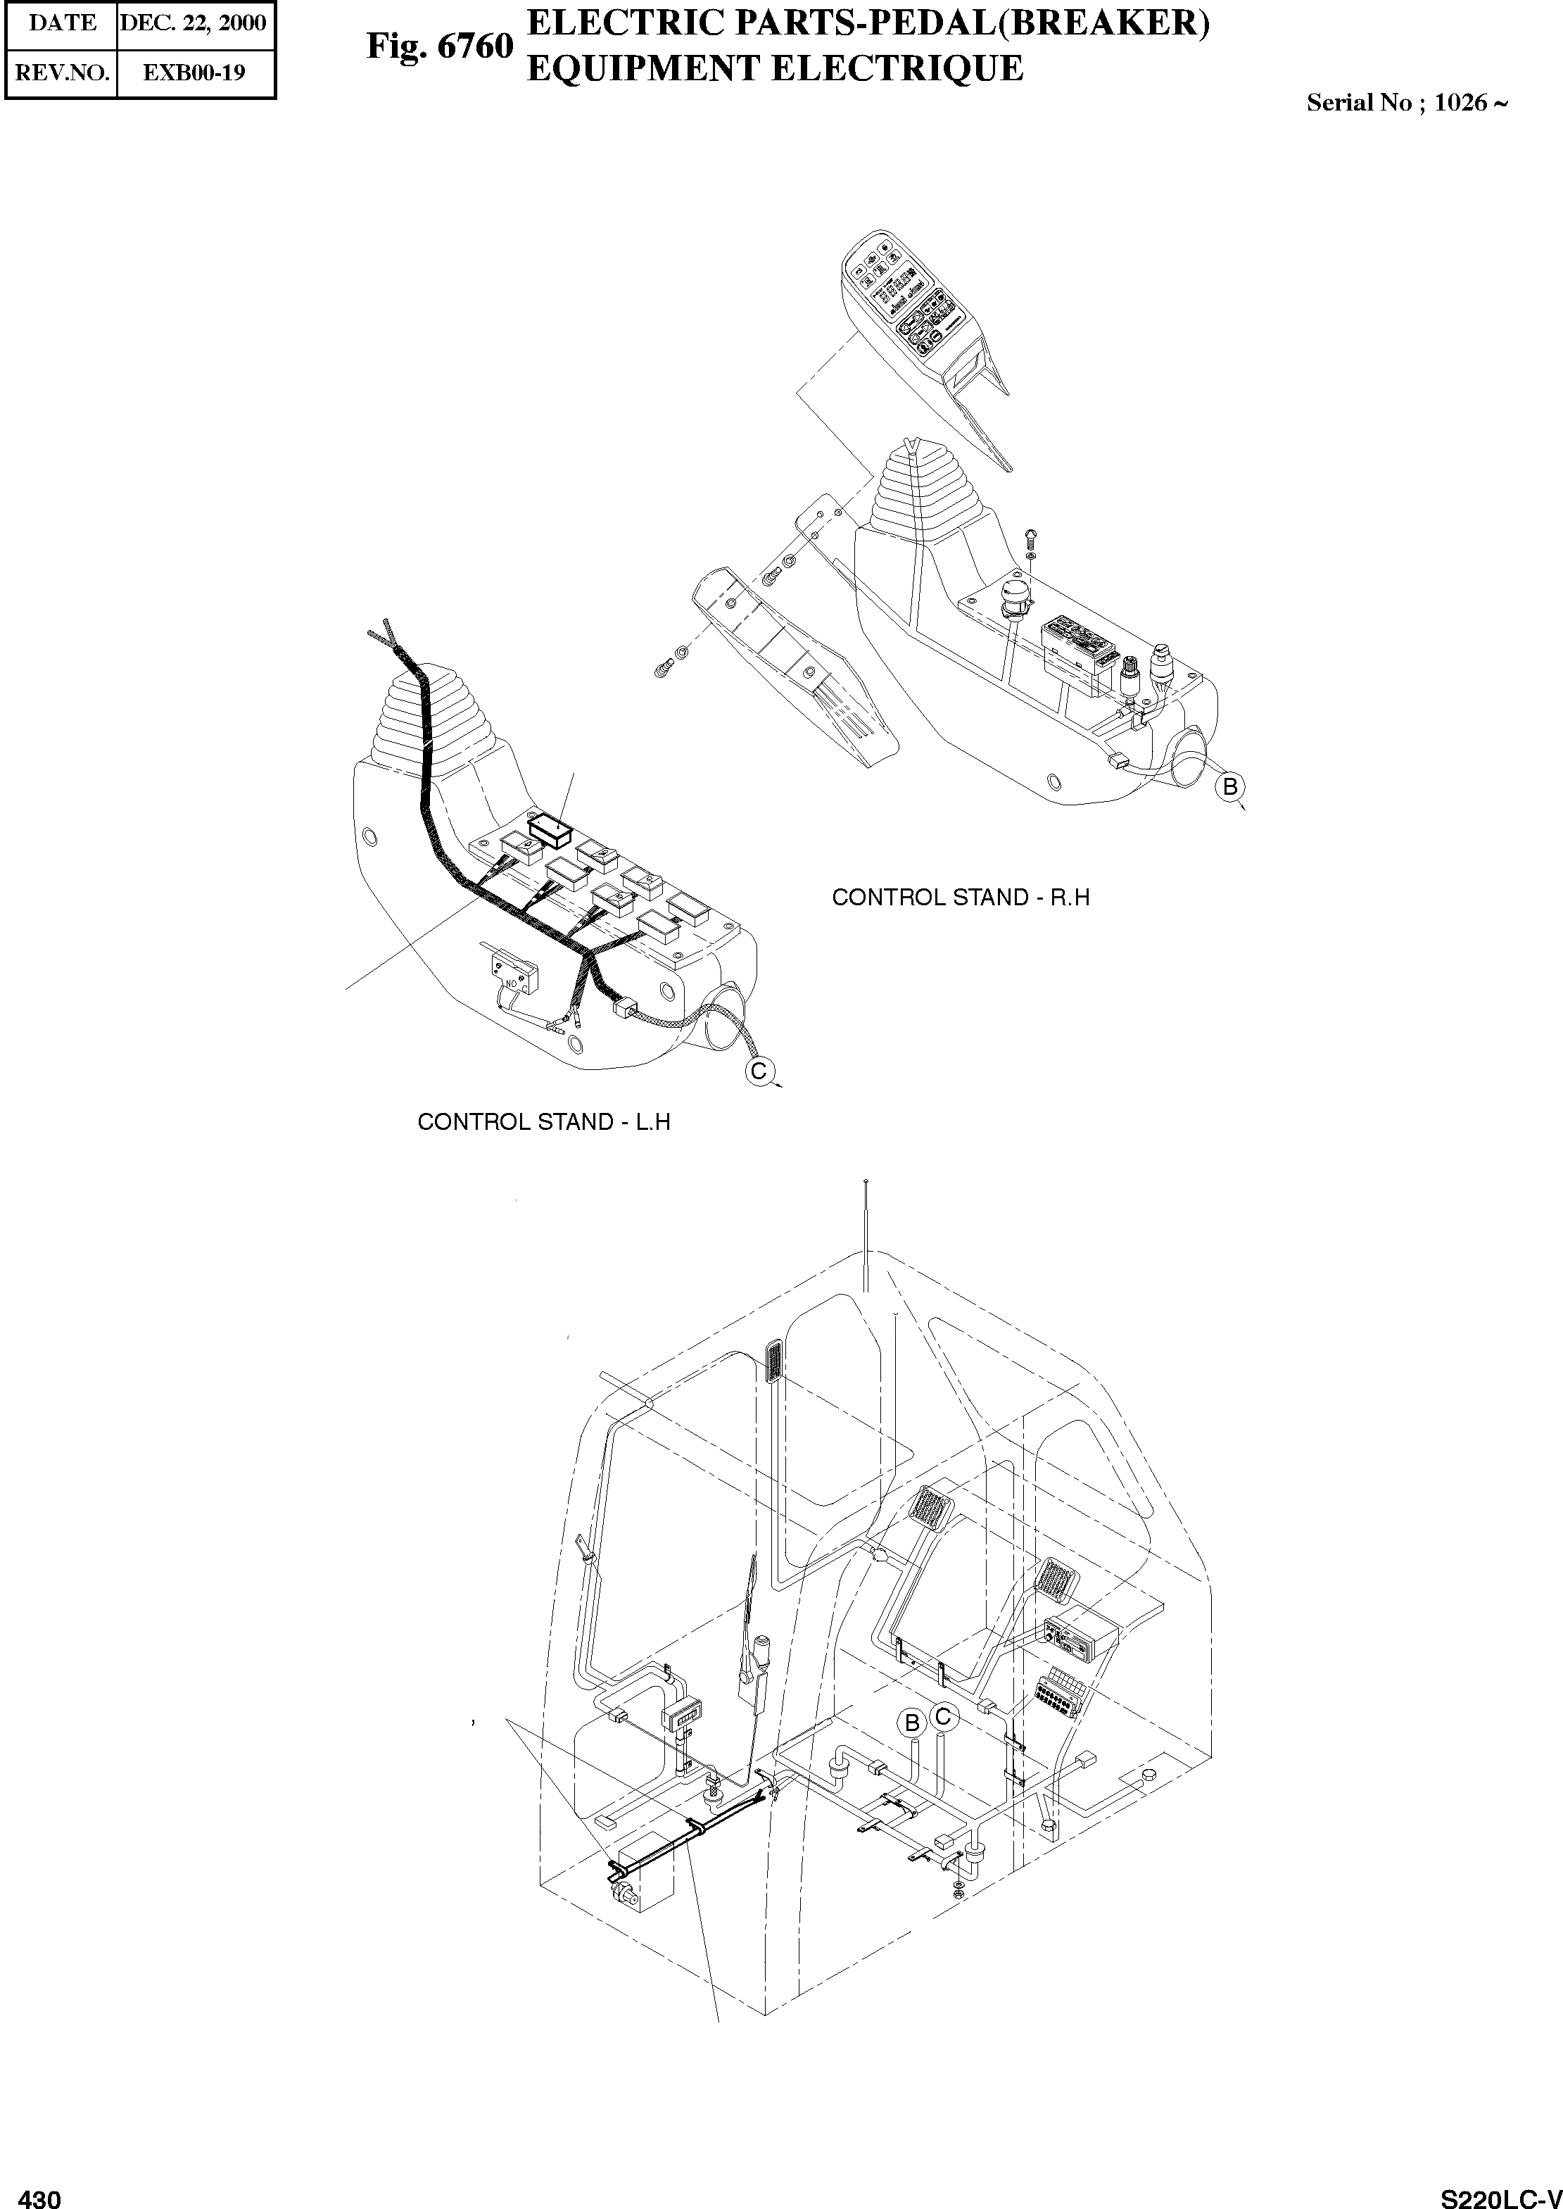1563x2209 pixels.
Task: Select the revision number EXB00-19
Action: [x=194, y=73]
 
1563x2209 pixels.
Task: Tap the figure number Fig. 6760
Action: [x=440, y=46]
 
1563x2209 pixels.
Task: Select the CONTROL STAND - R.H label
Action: [x=961, y=897]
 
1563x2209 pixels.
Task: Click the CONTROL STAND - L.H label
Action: [x=544, y=1121]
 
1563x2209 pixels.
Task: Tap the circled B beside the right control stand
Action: [x=1229, y=787]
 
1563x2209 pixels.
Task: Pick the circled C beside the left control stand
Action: [x=759, y=1071]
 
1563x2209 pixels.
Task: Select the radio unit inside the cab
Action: [x=1080, y=1635]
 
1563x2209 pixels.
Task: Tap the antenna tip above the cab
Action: [x=867, y=1181]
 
